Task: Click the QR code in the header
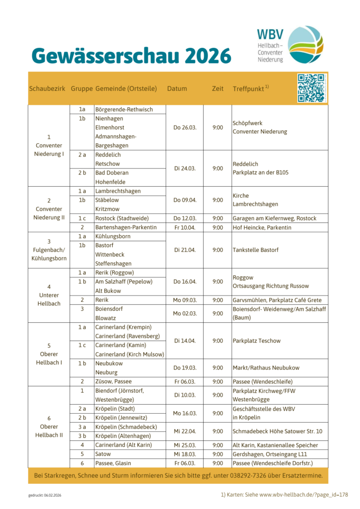(x=312, y=88)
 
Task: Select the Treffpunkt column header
(x=251, y=89)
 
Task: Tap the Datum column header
(x=177, y=89)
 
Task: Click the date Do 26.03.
(x=185, y=127)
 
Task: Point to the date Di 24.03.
(x=185, y=168)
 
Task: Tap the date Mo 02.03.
(x=185, y=313)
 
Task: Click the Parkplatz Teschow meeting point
(x=257, y=341)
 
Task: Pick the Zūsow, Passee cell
(x=114, y=382)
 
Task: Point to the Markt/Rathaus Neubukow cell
(x=266, y=368)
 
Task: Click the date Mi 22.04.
(x=185, y=431)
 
